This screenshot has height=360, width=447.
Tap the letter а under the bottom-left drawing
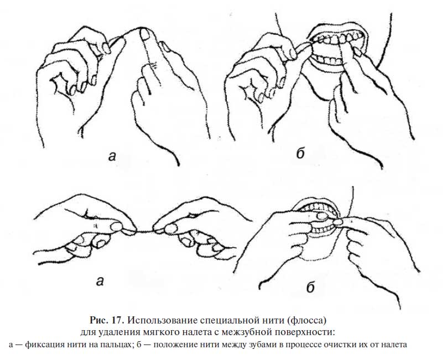[100, 281]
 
